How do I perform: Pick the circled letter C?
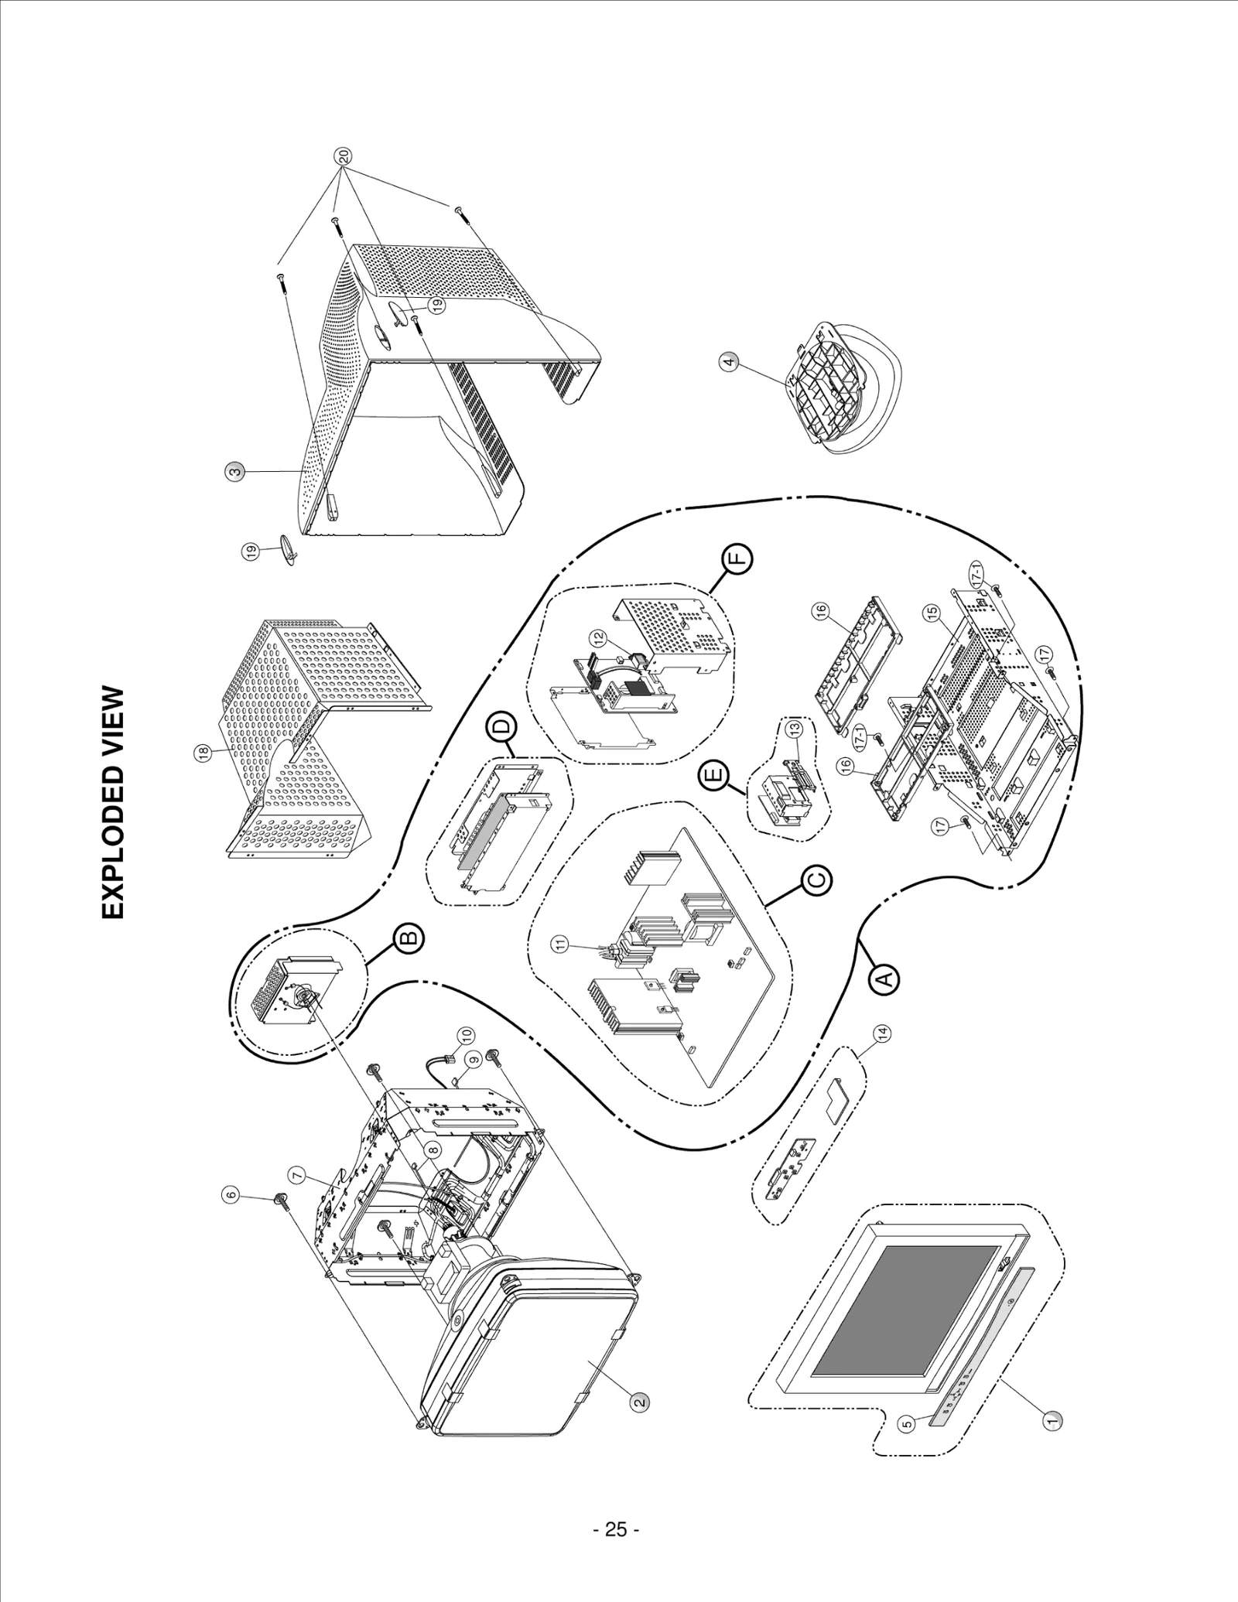pyautogui.click(x=817, y=880)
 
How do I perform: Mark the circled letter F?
pyautogui.click(x=737, y=558)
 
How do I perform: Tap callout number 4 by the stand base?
pyautogui.click(x=728, y=361)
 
